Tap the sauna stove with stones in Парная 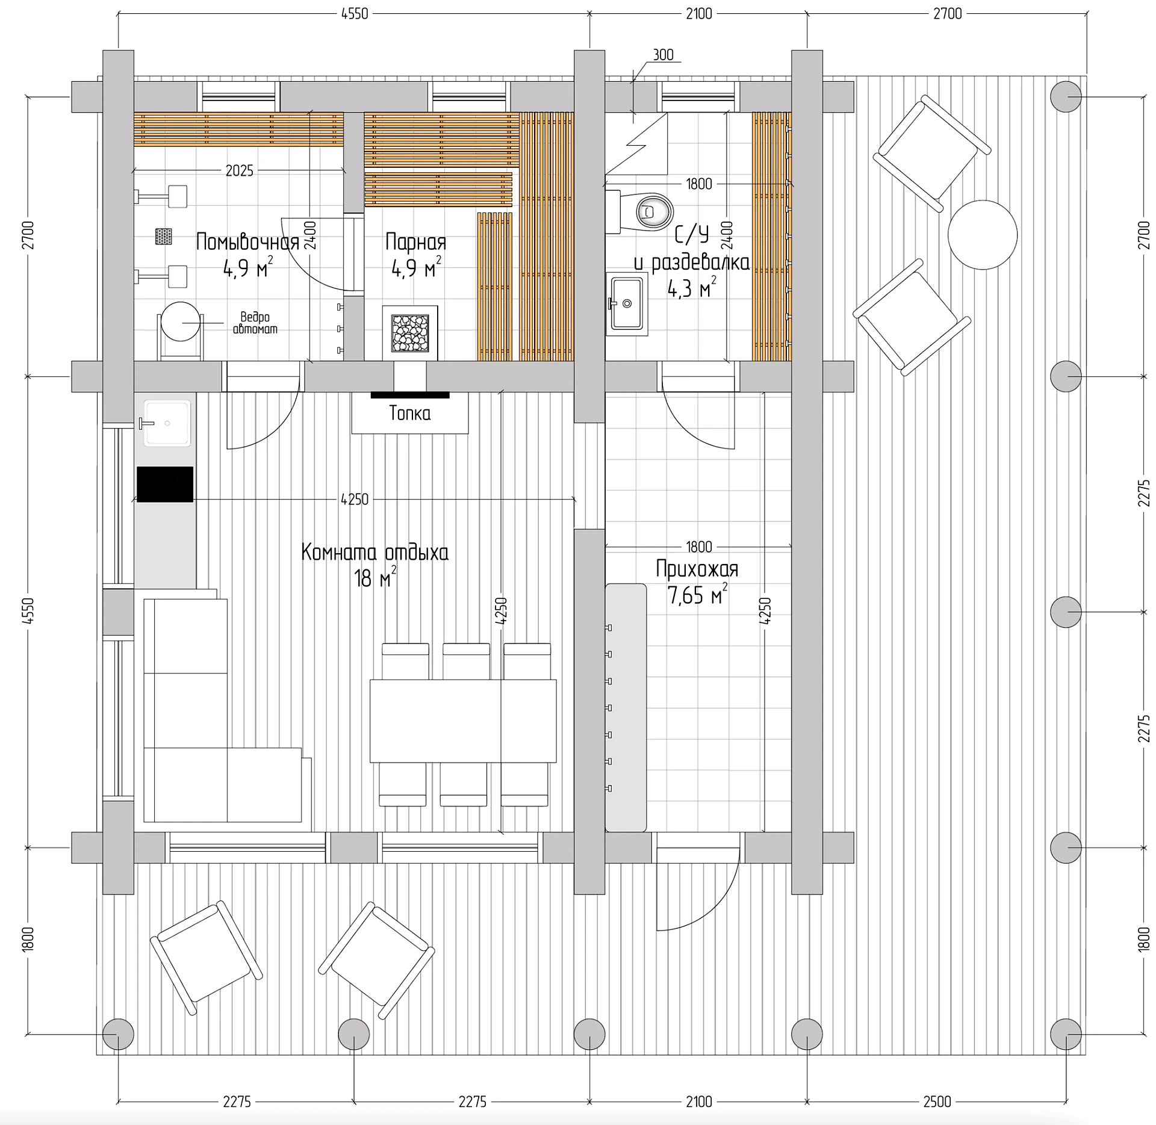click(x=410, y=333)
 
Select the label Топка click(x=410, y=413)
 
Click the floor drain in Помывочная click(x=163, y=236)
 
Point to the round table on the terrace click(x=982, y=235)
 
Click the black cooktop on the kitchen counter click(x=165, y=484)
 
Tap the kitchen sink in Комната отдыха click(x=167, y=423)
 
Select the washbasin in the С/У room click(x=627, y=303)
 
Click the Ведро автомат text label click(x=255, y=323)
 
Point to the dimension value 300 click(x=663, y=55)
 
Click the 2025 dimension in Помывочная click(x=239, y=171)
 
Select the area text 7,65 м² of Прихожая click(x=698, y=595)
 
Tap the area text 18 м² click(x=375, y=578)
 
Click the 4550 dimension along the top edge click(x=355, y=14)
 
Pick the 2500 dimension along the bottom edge click(x=937, y=1102)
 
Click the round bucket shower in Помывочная click(x=179, y=322)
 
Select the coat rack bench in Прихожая click(x=626, y=707)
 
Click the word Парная click(x=416, y=242)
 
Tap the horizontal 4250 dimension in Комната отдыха click(x=355, y=499)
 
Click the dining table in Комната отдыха click(x=463, y=721)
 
